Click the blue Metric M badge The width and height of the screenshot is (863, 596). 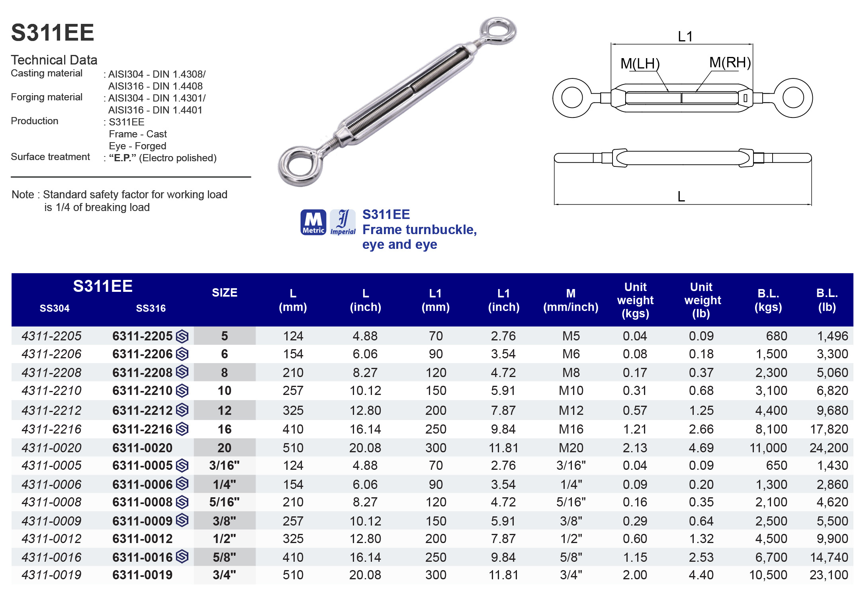[313, 222]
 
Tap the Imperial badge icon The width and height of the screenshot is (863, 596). [342, 222]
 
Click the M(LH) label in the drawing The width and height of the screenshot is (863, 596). [640, 64]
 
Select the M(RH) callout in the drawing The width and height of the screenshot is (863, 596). [730, 63]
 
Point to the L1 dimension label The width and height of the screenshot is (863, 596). [685, 37]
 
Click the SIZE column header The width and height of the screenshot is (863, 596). [224, 293]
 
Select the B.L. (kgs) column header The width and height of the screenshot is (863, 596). [768, 300]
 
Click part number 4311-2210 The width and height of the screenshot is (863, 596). [51, 391]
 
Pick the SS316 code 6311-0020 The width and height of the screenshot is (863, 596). [142, 448]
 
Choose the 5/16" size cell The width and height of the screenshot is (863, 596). [224, 502]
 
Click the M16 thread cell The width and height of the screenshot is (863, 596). [571, 429]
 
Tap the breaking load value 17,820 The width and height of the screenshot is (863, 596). [829, 429]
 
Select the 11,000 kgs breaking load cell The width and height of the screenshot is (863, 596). [768, 448]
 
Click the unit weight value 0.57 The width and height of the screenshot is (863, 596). [635, 410]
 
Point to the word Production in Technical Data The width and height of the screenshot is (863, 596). [35, 121]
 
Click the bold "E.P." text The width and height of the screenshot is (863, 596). [122, 158]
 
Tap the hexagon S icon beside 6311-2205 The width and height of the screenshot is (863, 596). [182, 336]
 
